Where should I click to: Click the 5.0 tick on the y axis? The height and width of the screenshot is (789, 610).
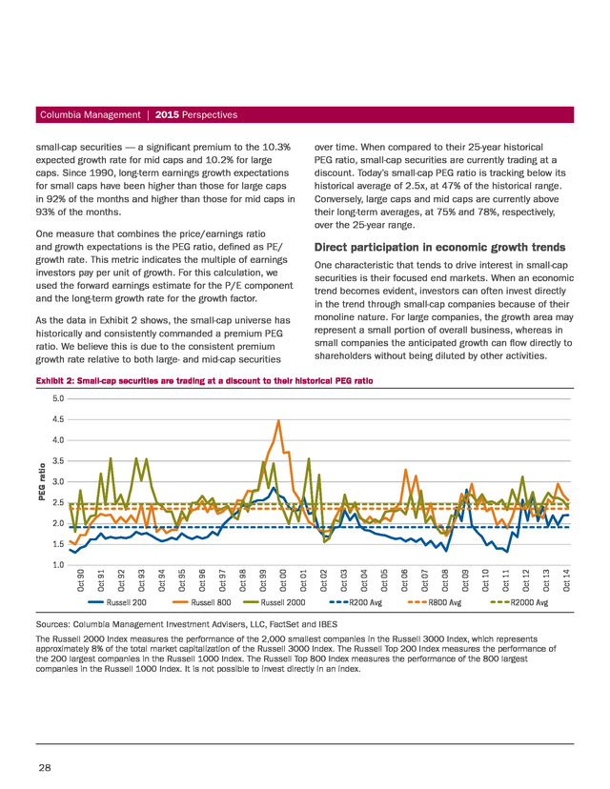[58, 398]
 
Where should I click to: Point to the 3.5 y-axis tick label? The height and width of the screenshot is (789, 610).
[58, 461]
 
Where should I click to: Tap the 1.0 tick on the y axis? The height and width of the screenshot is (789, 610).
[58, 564]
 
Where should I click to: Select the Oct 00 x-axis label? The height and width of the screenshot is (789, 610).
[283, 580]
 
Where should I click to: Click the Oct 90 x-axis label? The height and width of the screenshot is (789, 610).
[80, 580]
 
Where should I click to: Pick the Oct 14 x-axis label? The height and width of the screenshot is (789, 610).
[566, 580]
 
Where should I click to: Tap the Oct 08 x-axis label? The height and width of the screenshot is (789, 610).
[445, 580]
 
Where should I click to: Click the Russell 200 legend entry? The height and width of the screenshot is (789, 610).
[110, 602]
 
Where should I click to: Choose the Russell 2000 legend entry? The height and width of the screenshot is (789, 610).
[274, 602]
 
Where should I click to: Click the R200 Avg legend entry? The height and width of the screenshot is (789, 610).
[356, 602]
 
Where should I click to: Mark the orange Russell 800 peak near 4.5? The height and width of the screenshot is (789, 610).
[278, 420]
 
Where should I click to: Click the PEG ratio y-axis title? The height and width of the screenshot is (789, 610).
[43, 482]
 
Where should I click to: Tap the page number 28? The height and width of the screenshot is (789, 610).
[44, 767]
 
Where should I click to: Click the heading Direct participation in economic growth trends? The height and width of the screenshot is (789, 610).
[440, 247]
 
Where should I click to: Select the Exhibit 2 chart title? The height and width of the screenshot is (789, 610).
[204, 381]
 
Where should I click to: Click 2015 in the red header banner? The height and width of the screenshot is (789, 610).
[167, 114]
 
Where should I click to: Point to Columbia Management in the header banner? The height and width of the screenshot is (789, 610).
[91, 114]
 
